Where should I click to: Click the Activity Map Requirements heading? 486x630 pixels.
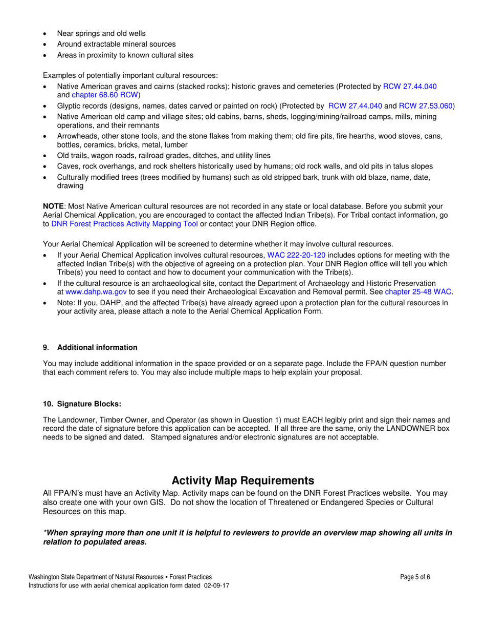click(x=243, y=480)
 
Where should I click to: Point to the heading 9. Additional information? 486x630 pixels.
click(x=90, y=347)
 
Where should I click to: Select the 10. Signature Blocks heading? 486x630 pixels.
click(x=82, y=404)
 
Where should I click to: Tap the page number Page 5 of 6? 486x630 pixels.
click(x=415, y=577)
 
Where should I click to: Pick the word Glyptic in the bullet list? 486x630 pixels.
click(x=69, y=106)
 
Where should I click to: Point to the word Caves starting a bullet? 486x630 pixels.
click(x=67, y=166)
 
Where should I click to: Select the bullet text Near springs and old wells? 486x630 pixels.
click(x=101, y=33)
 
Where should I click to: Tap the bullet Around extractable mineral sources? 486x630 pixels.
click(x=116, y=44)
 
